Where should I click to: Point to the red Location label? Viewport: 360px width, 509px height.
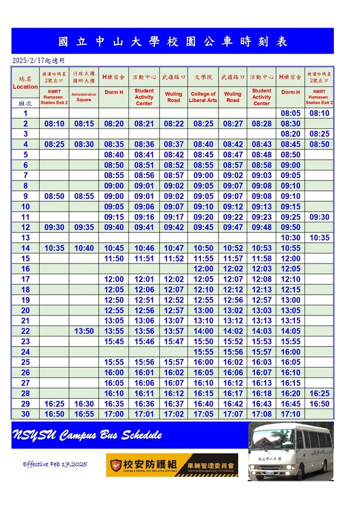(25, 87)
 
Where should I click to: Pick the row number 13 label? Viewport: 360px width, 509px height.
(25, 238)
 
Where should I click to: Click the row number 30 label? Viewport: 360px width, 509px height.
(25, 415)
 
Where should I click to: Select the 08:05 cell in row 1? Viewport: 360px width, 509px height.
(290, 113)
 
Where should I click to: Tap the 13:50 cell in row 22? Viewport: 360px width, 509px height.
(84, 331)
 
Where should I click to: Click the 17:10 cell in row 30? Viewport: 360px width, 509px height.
(290, 415)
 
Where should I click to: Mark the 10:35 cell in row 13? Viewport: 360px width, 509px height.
(319, 238)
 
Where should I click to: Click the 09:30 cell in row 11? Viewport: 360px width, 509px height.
(319, 217)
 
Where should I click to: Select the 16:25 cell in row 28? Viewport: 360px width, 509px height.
(319, 394)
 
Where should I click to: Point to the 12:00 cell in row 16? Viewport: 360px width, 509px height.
(203, 269)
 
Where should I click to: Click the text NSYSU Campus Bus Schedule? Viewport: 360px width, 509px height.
(87, 435)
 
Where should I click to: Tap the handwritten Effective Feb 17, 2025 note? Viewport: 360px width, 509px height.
(55, 464)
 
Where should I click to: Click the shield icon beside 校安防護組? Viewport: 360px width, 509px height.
(116, 465)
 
